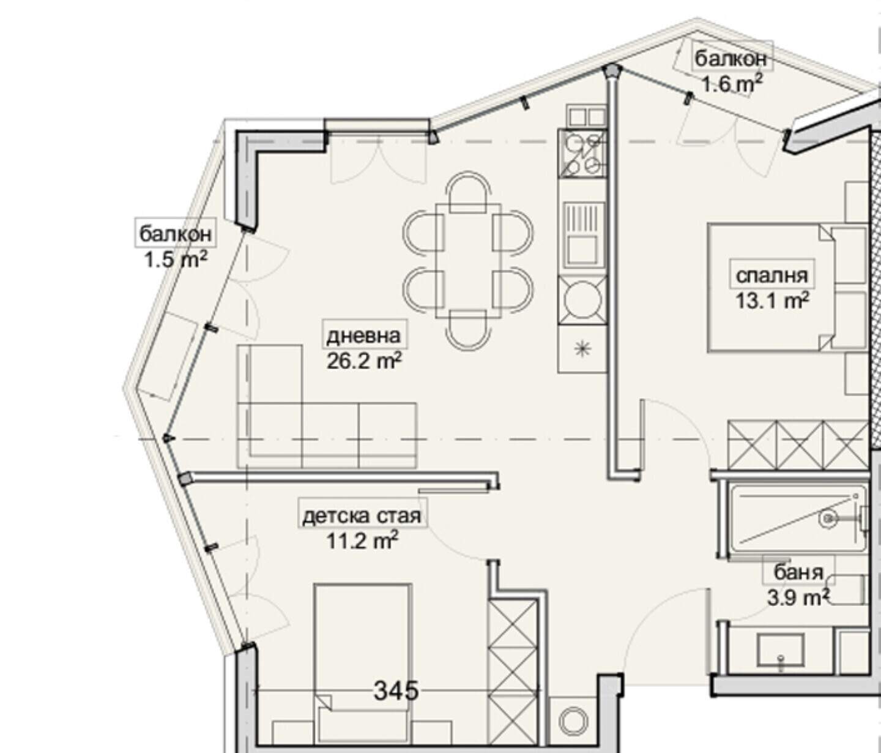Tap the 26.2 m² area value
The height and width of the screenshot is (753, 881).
[364, 362]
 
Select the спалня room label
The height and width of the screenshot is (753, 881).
[772, 275]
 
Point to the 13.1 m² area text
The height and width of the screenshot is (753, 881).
[772, 301]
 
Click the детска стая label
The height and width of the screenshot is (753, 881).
[362, 516]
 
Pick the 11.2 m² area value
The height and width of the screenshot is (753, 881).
[362, 541]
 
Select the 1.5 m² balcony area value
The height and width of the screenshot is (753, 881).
[176, 259]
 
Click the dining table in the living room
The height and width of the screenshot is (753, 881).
[468, 261]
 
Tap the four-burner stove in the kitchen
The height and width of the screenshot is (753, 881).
[581, 154]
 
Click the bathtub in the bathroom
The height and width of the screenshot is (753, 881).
[797, 520]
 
